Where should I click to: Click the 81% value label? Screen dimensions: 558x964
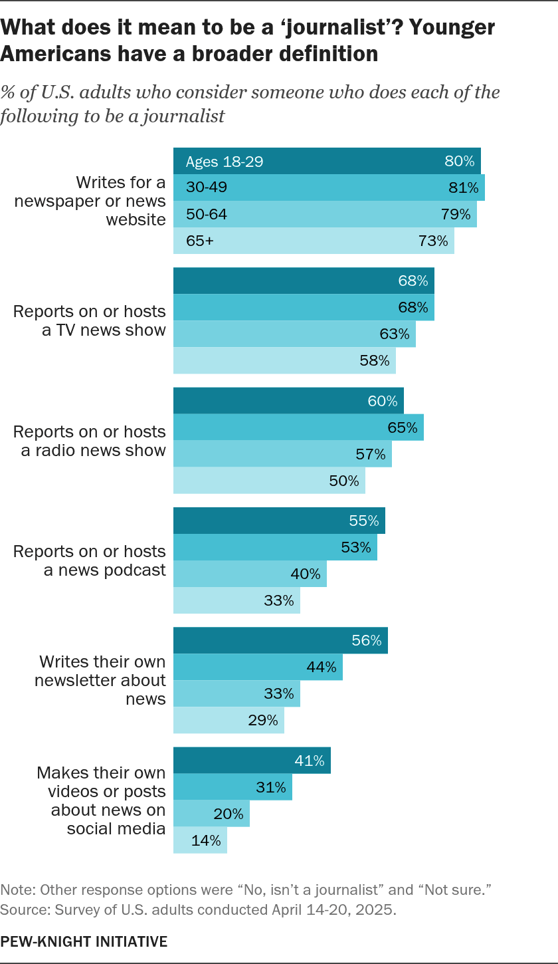click(464, 187)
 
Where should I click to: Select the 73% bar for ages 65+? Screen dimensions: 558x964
click(314, 241)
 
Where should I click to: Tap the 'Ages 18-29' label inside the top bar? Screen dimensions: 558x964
click(225, 162)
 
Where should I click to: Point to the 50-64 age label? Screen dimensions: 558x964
click(207, 214)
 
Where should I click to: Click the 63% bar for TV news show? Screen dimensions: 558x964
click(294, 334)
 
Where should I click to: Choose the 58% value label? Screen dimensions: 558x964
click(375, 360)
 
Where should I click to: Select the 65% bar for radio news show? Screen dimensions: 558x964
click(298, 427)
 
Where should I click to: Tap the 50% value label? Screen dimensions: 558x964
click(344, 480)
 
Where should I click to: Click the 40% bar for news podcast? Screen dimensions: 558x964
click(250, 574)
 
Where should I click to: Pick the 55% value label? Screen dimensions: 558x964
click(363, 521)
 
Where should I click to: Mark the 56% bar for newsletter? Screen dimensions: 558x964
click(281, 640)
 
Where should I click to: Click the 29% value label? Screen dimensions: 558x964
click(263, 720)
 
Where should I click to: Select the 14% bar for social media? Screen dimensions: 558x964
click(201, 840)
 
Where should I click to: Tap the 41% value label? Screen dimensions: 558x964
click(310, 761)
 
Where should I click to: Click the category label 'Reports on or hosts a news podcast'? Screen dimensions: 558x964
click(90, 560)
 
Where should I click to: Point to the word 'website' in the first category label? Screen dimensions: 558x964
click(136, 219)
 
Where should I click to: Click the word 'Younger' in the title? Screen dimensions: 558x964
click(452, 27)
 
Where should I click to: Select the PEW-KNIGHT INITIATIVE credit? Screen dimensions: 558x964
click(84, 941)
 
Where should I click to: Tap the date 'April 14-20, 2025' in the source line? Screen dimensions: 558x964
click(333, 909)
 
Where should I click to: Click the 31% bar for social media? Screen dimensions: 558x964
click(233, 787)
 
